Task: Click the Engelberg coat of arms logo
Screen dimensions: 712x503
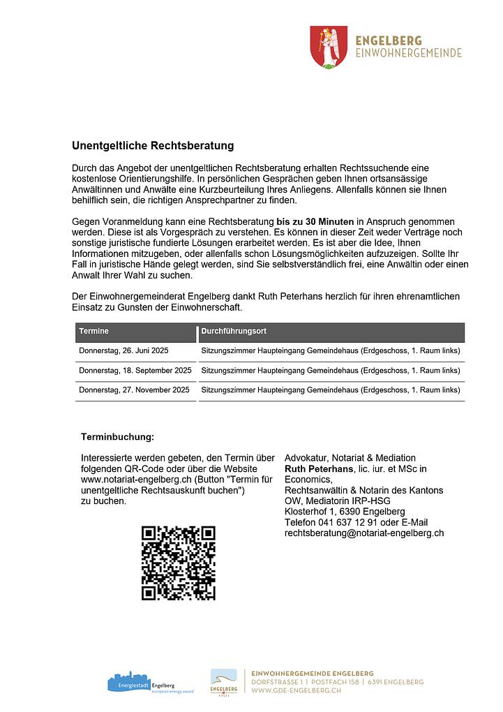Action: coord(327,47)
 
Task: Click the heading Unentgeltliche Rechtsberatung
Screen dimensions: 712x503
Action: coord(153,146)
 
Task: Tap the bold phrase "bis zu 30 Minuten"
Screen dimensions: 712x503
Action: coord(315,221)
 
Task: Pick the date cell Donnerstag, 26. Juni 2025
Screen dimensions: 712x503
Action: coord(124,350)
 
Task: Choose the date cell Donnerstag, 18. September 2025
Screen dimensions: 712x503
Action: coord(135,370)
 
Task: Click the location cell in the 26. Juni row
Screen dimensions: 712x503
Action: coord(331,350)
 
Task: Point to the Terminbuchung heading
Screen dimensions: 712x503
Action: coord(117,437)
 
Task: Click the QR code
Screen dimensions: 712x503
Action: coord(178,563)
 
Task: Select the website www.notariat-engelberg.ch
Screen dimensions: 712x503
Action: coord(136,480)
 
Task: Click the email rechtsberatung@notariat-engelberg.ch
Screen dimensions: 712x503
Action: coord(364,533)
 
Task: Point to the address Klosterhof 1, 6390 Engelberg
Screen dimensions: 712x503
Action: coord(345,512)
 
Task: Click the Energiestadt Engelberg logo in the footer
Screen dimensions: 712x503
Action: coord(141,682)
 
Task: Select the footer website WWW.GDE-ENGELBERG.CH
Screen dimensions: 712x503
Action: coord(296,690)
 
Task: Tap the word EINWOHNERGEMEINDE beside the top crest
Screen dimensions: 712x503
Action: coord(408,53)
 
